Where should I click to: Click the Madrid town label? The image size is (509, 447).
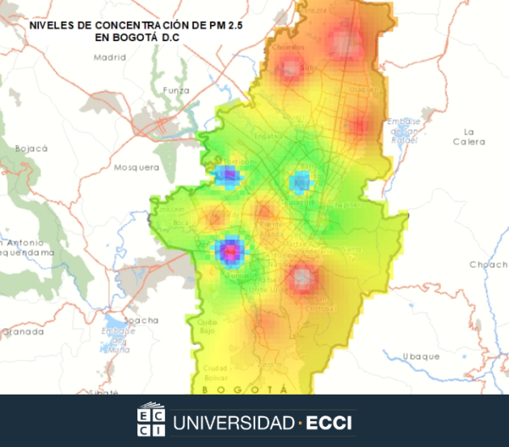pos(110,57)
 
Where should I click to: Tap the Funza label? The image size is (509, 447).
pos(175,90)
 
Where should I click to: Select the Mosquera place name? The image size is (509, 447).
pos(137,168)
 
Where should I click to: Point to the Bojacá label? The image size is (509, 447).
pos(32,148)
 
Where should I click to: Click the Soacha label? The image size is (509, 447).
pos(142,320)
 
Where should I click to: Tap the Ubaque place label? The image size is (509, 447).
pos(420,356)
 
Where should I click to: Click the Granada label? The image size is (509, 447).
pos(23,332)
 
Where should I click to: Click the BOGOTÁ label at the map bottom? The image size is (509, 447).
pos(245,389)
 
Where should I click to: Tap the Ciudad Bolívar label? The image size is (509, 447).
pos(216,372)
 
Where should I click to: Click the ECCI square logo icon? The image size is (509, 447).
pos(151,420)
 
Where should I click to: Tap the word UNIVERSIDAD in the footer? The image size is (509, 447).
pos(233,422)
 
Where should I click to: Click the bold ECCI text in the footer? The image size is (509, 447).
pos(330,422)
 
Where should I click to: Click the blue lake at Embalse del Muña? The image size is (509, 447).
pos(123,330)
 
